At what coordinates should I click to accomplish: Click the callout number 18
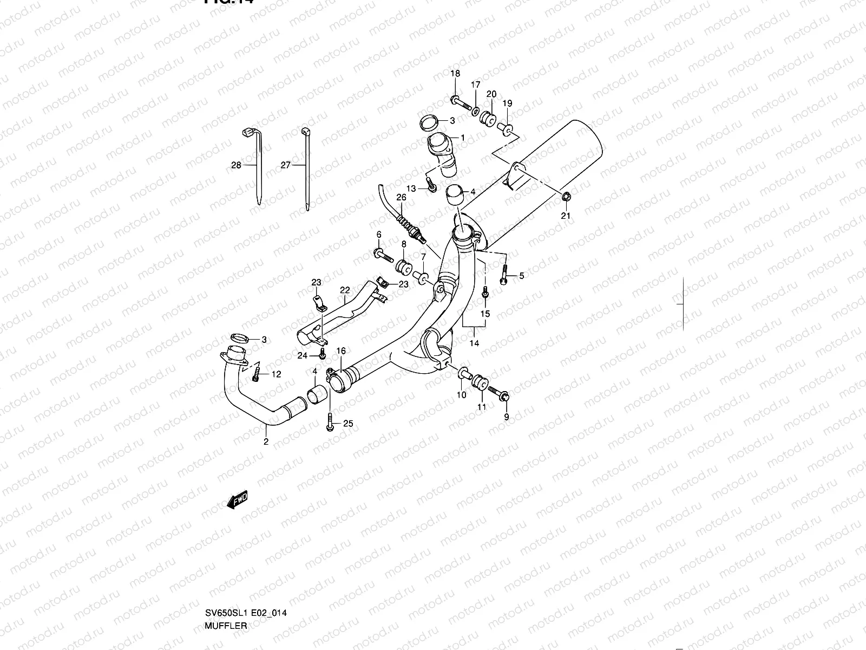[455, 74]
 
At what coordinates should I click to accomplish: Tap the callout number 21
[566, 216]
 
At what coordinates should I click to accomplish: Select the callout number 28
[236, 165]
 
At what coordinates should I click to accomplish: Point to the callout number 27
[286, 165]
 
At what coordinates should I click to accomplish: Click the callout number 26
[401, 197]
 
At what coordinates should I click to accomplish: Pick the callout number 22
[345, 290]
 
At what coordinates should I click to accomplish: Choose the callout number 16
[341, 352]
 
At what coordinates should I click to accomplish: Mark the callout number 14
[474, 343]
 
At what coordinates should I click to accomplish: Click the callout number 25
[348, 423]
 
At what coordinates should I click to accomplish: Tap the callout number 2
[266, 441]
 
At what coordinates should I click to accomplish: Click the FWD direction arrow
[238, 502]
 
